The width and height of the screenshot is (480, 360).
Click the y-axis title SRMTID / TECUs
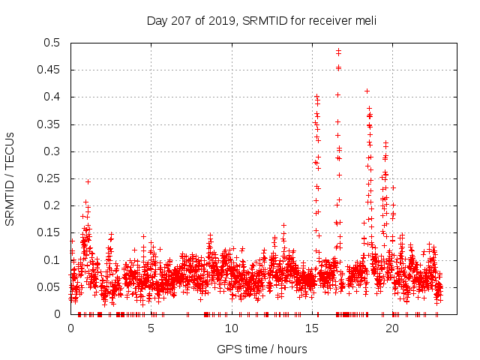(x=10, y=178)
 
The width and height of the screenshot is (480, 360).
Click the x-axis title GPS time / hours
(x=262, y=349)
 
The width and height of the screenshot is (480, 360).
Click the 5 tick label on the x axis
(x=151, y=328)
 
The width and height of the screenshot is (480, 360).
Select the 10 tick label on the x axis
(x=232, y=328)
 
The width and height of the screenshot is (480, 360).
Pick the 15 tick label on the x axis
(x=312, y=328)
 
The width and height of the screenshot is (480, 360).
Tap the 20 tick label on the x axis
(x=392, y=328)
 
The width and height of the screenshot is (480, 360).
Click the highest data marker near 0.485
(x=338, y=51)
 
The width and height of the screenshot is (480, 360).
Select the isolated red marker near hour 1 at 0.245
(x=88, y=181)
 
